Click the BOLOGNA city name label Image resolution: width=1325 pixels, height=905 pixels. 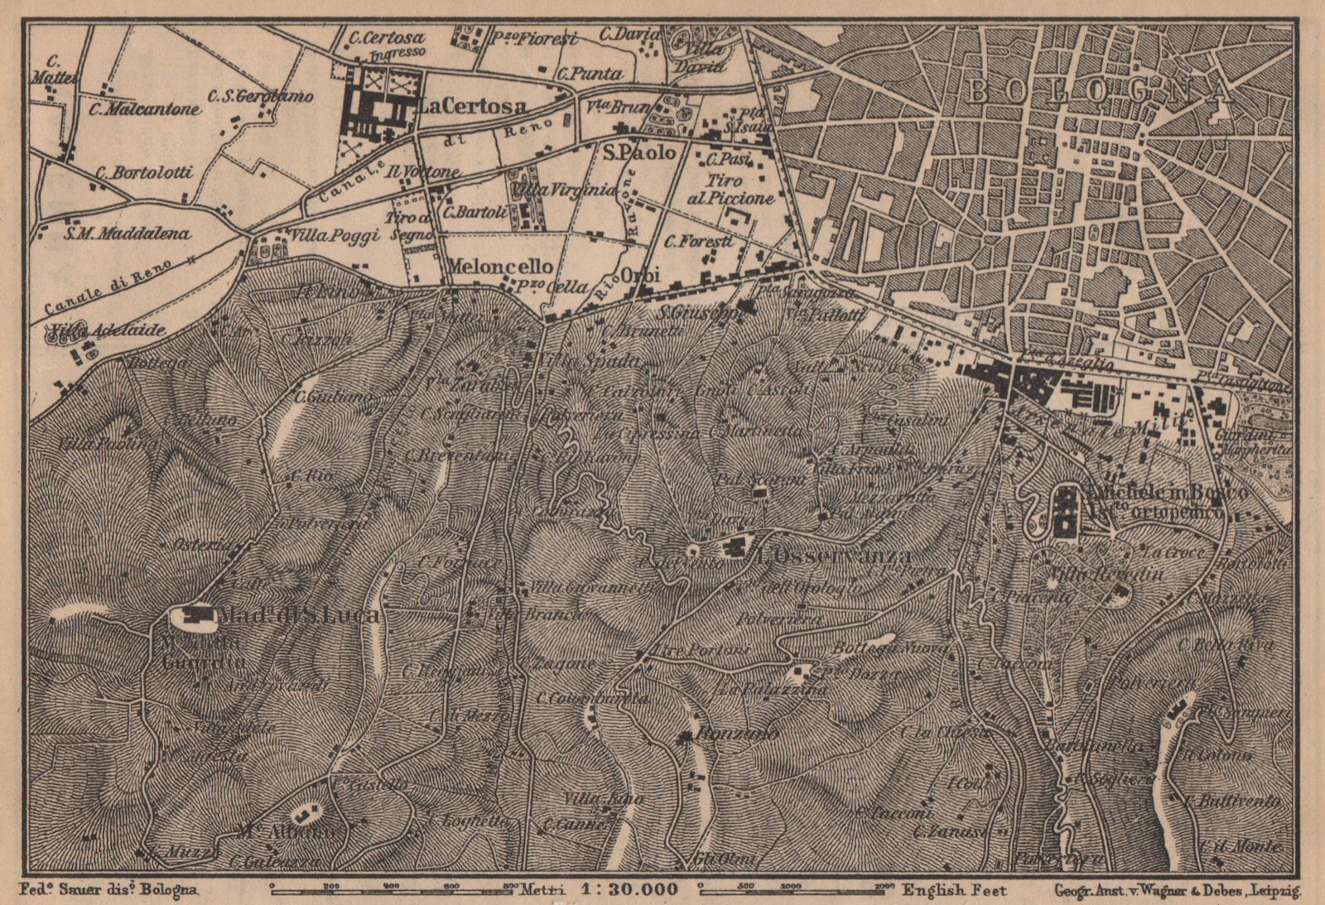[1097, 92]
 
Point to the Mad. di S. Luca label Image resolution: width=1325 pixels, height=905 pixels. [299, 614]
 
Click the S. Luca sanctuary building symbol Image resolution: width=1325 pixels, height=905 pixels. [196, 615]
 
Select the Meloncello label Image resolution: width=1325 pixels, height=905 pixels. [499, 267]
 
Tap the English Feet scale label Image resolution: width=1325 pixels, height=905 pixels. [954, 891]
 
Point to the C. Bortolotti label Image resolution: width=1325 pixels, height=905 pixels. [144, 172]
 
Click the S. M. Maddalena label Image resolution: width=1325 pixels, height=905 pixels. [127, 233]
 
